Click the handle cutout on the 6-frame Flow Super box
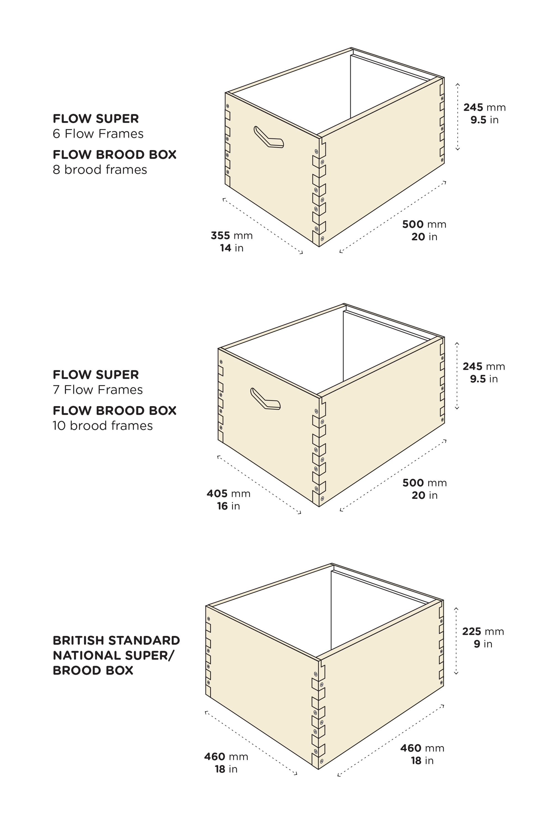[269, 137]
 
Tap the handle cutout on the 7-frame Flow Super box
[265, 399]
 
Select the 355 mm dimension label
[232, 235]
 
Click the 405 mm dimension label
[229, 494]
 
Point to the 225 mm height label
[483, 631]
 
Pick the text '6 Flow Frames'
[98, 134]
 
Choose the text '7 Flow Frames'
[98, 390]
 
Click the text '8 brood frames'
[100, 170]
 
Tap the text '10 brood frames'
[103, 426]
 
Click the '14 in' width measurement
[232, 248]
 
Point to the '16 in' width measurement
[229, 506]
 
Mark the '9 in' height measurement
[483, 644]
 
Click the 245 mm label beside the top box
[484, 107]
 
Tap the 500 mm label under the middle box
[424, 483]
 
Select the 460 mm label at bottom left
[226, 757]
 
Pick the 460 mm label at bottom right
[422, 748]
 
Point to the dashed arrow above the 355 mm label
[262, 225]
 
